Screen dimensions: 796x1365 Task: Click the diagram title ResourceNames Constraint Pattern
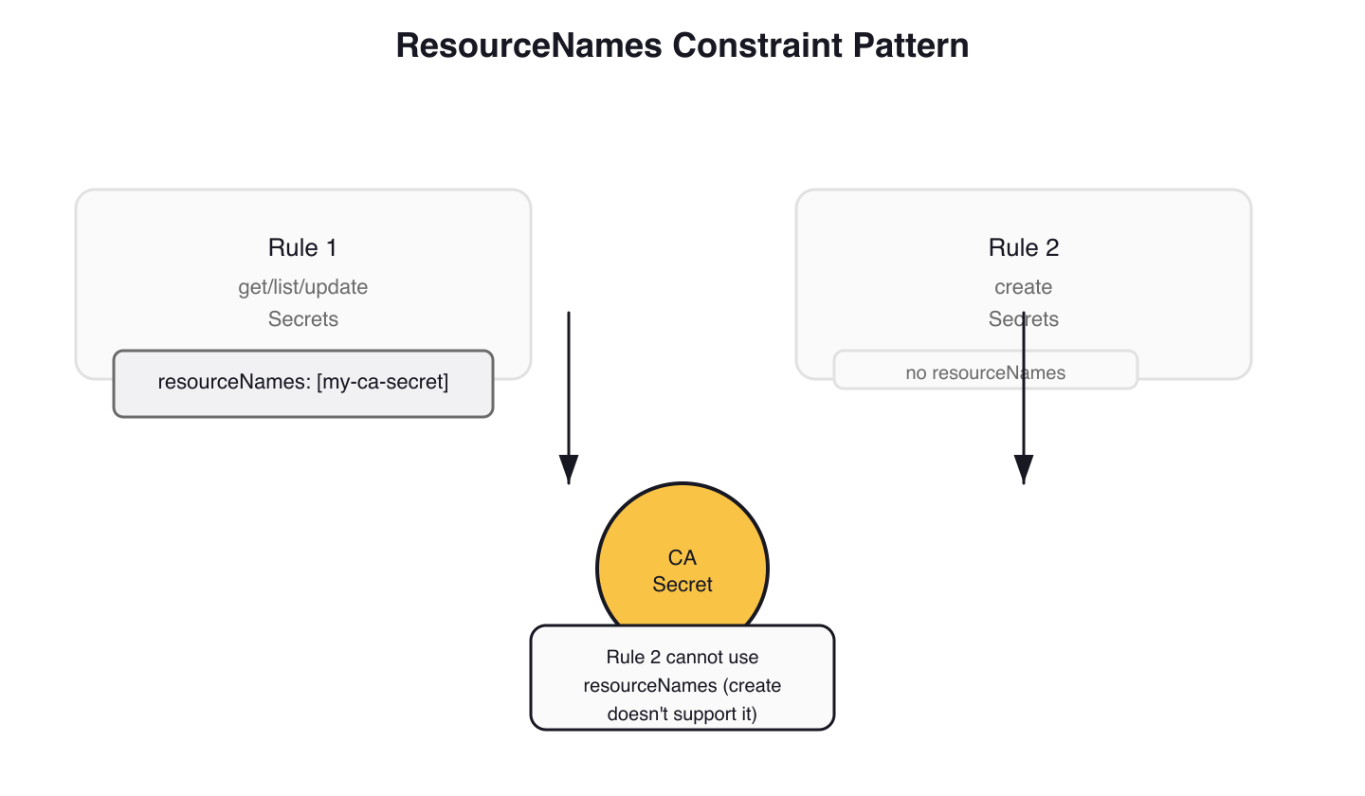682,45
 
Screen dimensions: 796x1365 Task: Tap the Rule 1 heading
302,248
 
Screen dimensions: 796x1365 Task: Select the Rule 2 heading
1023,248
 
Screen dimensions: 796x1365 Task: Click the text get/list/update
302,286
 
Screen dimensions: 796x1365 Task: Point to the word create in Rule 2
1023,286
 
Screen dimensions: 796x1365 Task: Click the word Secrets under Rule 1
302,319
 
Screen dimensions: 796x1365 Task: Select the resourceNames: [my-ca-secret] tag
302,383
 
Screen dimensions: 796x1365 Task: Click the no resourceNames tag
985,372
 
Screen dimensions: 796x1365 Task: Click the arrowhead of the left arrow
568,469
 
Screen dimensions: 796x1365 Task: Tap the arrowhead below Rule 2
1023,469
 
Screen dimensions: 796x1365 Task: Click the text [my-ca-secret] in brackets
383,383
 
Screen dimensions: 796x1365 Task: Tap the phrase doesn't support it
682,714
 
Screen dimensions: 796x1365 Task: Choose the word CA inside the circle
682,558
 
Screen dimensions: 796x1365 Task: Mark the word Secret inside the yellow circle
682,584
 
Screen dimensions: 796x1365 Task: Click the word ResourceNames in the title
528,45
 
